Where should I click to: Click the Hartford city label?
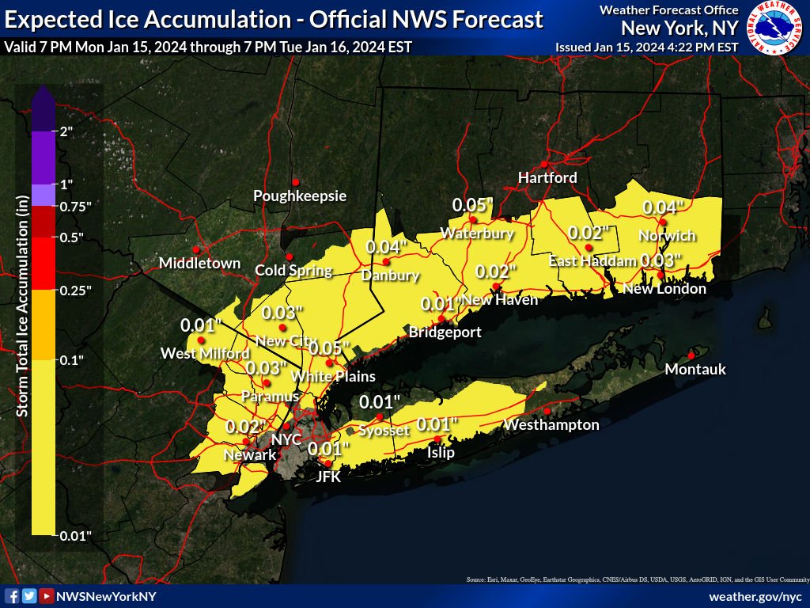[547, 177]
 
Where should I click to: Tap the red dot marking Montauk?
[691, 355]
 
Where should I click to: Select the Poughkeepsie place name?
[300, 196]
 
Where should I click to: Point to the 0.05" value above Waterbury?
[472, 205]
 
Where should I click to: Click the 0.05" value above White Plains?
[328, 348]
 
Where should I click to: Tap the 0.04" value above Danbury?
[387, 247]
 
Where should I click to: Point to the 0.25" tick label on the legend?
[76, 291]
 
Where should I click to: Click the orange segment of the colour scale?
[44, 325]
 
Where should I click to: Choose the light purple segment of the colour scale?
[44, 195]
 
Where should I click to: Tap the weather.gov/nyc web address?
[755, 596]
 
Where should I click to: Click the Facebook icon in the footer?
[12, 596]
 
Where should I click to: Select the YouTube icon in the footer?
[47, 596]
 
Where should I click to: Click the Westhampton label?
[551, 425]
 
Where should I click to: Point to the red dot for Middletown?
[195, 249]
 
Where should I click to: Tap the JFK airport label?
[327, 477]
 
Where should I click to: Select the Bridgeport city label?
[445, 332]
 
